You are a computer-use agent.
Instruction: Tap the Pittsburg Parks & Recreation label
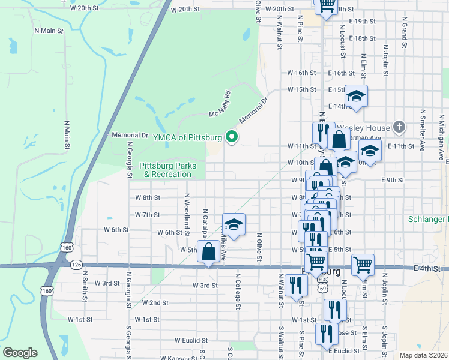[165, 170]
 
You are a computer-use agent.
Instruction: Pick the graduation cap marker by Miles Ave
[234, 225]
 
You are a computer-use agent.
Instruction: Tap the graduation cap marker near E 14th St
[356, 97]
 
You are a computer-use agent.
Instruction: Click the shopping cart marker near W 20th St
[327, 6]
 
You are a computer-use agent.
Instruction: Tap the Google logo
[20, 352]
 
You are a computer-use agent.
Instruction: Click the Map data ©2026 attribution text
[423, 355]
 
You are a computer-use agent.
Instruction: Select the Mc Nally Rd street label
[220, 104]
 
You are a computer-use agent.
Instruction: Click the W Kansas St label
[179, 358]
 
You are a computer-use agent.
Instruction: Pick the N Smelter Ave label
[423, 128]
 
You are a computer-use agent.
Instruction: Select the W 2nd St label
[155, 302]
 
